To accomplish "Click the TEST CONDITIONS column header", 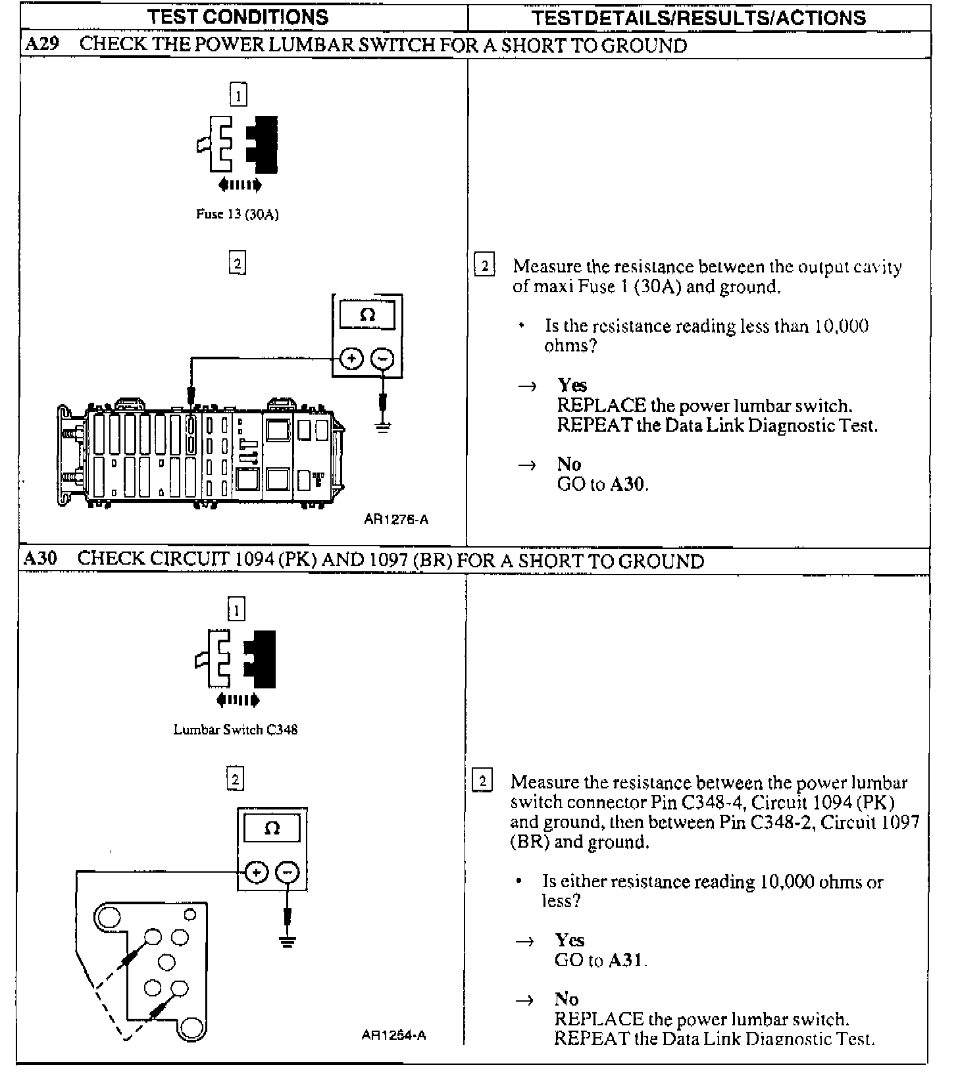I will pyautogui.click(x=238, y=16).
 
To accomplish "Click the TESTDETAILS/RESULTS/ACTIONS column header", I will pyautogui.click(x=699, y=18).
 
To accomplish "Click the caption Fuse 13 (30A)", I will pyautogui.click(x=238, y=214).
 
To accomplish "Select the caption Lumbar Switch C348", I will pyautogui.click(x=236, y=729).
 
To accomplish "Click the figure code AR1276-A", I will pyautogui.click(x=396, y=519).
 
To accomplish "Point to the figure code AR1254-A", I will pyautogui.click(x=394, y=1035).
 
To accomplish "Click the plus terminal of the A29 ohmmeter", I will pyautogui.click(x=352, y=359).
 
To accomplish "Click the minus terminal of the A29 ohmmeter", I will pyautogui.click(x=383, y=359).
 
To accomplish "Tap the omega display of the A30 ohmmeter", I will pyautogui.click(x=272, y=828).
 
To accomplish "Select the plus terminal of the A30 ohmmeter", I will pyautogui.click(x=257, y=873).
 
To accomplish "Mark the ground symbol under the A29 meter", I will pyautogui.click(x=383, y=426).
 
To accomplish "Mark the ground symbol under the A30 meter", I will pyautogui.click(x=287, y=941).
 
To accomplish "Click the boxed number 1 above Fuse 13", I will pyautogui.click(x=238, y=95).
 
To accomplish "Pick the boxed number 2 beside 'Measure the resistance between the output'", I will pyautogui.click(x=484, y=266).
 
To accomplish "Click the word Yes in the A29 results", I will pyautogui.click(x=572, y=385).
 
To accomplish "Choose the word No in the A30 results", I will pyautogui.click(x=566, y=999).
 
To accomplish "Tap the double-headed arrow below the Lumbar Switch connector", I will pyautogui.click(x=238, y=700).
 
